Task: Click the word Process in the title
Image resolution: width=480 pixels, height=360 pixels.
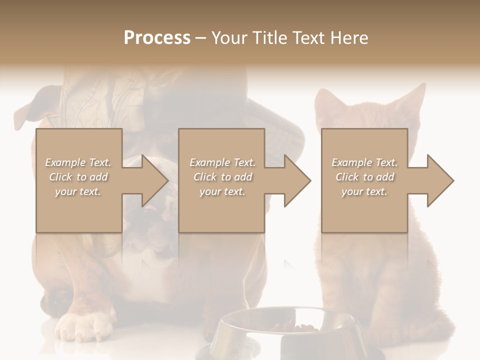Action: tap(157, 37)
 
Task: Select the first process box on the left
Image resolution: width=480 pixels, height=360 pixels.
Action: tap(79, 210)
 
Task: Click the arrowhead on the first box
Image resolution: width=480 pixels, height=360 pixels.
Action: tap(152, 180)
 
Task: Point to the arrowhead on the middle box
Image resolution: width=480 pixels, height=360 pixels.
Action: tap(295, 180)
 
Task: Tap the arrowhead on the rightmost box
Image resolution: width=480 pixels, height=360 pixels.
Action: tap(438, 180)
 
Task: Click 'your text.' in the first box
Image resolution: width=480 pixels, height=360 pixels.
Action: tap(78, 191)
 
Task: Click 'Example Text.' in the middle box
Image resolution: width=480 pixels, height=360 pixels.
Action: tap(222, 162)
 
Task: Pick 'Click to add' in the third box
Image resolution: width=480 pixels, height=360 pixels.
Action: tap(364, 177)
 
